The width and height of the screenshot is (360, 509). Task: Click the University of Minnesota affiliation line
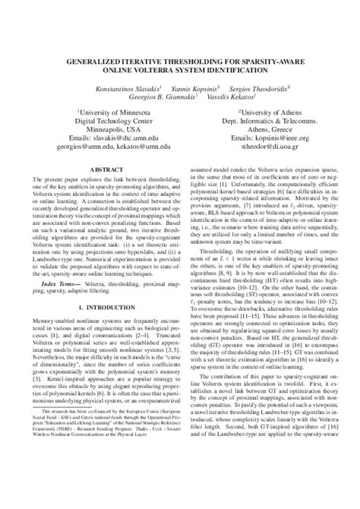tap(101, 110)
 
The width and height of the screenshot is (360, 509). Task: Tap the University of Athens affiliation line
tap(251, 110)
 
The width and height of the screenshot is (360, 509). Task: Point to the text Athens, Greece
tap(251, 129)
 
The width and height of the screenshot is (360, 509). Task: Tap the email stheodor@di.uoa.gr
tap(251, 147)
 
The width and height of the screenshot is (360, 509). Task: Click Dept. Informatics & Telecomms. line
tap(251, 120)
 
